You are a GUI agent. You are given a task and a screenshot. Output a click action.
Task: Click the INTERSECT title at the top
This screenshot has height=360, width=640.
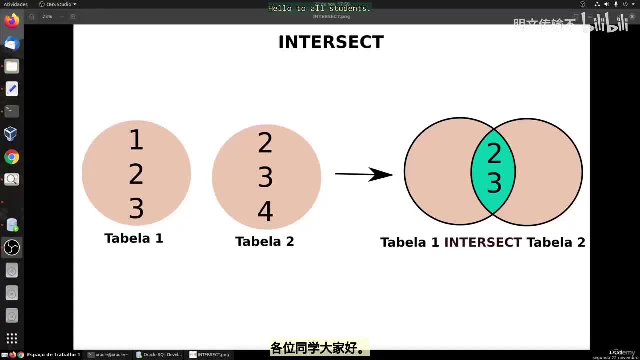[x=331, y=42]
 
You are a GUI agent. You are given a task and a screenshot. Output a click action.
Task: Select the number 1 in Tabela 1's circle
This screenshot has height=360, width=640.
[x=136, y=140]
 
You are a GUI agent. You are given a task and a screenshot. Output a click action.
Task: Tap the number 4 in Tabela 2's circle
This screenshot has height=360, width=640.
[x=265, y=212]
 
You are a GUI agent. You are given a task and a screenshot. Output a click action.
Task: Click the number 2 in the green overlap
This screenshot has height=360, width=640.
[x=494, y=153]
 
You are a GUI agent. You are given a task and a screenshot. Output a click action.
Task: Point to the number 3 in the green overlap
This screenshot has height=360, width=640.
[x=494, y=183]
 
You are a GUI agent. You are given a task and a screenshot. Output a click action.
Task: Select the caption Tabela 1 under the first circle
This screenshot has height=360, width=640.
[x=134, y=238]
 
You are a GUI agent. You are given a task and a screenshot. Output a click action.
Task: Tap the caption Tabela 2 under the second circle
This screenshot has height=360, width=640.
[x=265, y=242]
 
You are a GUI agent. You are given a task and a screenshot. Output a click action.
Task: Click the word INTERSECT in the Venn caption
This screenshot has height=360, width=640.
[x=483, y=242]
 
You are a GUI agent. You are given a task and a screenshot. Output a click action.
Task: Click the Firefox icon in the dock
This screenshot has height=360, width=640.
[x=12, y=21]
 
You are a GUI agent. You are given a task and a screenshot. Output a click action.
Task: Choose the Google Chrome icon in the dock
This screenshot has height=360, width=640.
[x=12, y=157]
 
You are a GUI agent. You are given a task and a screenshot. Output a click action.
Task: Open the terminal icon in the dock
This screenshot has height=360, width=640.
[x=12, y=111]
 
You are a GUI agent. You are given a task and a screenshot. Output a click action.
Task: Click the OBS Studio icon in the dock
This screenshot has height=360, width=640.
[x=12, y=247]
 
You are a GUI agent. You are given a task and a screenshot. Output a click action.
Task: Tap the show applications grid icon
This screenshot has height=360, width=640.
[x=12, y=338]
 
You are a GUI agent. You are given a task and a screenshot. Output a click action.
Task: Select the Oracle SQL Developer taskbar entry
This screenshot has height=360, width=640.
[x=159, y=355]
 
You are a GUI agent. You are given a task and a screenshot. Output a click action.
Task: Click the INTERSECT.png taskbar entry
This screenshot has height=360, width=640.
[x=209, y=355]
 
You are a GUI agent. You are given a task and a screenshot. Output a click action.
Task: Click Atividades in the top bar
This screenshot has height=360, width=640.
[x=16, y=4]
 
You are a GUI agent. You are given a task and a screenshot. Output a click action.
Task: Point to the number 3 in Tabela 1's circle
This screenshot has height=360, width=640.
[x=136, y=209]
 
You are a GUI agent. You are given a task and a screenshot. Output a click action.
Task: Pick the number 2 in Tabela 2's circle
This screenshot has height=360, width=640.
[x=265, y=144]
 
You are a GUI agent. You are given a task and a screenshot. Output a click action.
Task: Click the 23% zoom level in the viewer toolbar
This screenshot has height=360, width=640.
[x=47, y=16]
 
